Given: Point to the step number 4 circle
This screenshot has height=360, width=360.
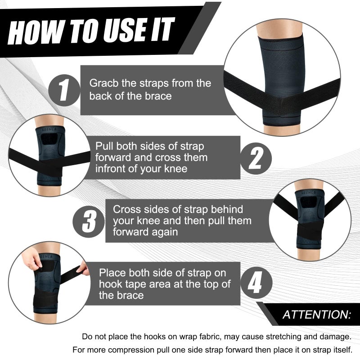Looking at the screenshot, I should (x=255, y=284).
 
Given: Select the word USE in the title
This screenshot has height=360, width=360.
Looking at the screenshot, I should (x=122, y=31).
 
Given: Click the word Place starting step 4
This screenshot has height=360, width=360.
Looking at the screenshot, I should (x=112, y=273).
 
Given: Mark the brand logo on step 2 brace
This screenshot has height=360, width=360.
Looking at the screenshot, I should (x=47, y=128).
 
